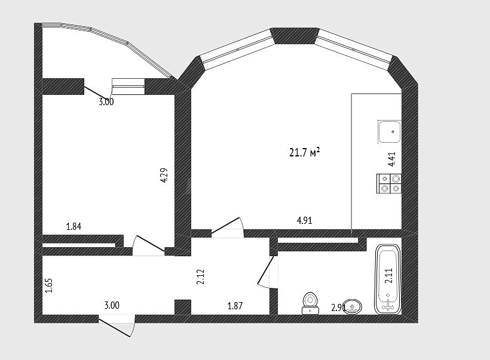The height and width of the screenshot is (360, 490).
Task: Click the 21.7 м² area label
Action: pyautogui.click(x=304, y=153)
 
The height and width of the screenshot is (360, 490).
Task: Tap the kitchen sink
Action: pyautogui.click(x=390, y=131)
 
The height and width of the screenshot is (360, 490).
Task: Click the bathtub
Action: pyautogui.click(x=387, y=279)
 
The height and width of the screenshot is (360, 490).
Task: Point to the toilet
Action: pyautogui.click(x=310, y=303)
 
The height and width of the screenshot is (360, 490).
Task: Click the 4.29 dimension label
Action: pyautogui.click(x=164, y=175)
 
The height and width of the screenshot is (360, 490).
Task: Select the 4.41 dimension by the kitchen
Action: pyautogui.click(x=392, y=159)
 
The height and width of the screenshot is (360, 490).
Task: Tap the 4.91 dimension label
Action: pyautogui.click(x=304, y=220)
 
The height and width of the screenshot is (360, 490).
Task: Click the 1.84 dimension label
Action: pyautogui.click(x=73, y=226)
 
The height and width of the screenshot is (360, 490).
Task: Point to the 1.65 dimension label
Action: pyautogui.click(x=49, y=286)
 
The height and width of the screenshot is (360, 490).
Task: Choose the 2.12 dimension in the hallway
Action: pyautogui.click(x=201, y=276)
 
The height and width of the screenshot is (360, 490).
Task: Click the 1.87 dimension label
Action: pyautogui.click(x=235, y=306)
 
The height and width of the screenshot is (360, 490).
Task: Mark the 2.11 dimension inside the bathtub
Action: pyautogui.click(x=389, y=276)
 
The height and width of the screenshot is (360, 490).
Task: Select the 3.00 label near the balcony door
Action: pyautogui.click(x=106, y=101)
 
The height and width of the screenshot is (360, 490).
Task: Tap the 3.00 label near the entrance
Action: pyautogui.click(x=112, y=305)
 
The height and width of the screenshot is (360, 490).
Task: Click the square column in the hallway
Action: pyautogui.click(x=182, y=307)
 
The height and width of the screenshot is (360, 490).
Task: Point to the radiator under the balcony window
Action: pyautogui.click(x=128, y=86)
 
